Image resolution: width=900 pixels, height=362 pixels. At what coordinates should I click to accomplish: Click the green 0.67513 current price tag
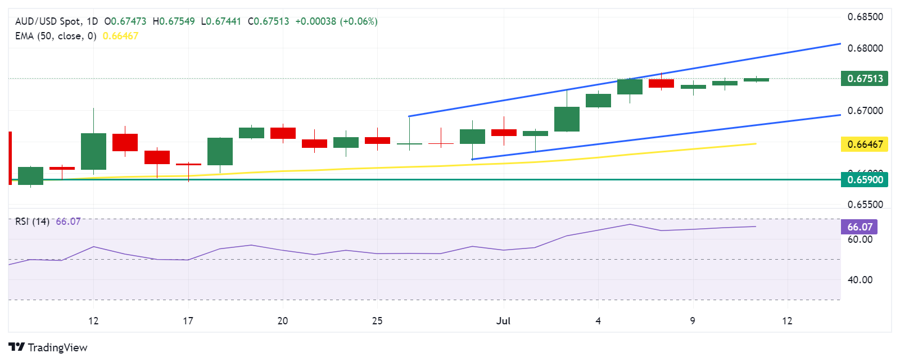point(865,79)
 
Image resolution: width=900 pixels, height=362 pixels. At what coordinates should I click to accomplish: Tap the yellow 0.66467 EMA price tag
point(865,144)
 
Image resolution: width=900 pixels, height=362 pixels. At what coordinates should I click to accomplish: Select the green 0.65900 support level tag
point(865,180)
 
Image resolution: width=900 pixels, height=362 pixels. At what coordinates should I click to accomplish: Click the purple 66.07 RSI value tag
point(860,227)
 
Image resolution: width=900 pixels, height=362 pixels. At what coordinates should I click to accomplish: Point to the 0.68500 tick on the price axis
point(865,17)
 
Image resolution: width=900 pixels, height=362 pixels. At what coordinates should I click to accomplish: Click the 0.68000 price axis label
point(865,48)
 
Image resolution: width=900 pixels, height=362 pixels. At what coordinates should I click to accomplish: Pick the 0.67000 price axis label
point(865,111)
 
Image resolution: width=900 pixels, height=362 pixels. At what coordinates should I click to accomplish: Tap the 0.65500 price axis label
point(865,205)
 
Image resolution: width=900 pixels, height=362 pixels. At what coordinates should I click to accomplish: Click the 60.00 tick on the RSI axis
point(860,239)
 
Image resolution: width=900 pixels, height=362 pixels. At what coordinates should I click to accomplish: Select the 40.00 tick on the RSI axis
point(860,280)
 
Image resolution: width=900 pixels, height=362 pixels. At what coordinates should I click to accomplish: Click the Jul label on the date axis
point(503,321)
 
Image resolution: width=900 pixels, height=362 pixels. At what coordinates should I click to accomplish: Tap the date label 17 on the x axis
point(188,321)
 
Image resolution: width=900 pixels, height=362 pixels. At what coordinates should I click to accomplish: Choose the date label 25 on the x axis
point(377,321)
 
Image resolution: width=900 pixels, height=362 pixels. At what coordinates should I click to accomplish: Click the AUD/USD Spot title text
point(48,21)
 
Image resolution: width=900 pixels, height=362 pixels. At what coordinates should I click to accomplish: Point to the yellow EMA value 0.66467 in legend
point(120,36)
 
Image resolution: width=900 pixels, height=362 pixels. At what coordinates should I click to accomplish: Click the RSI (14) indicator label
point(32,221)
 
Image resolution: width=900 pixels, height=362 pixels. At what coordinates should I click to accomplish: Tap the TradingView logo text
point(57,347)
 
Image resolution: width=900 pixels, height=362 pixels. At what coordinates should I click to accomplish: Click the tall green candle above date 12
point(93,151)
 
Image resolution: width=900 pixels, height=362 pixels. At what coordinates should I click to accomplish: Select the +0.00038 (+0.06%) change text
point(336,21)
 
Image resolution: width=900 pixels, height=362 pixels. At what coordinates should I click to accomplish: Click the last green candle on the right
point(756,80)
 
